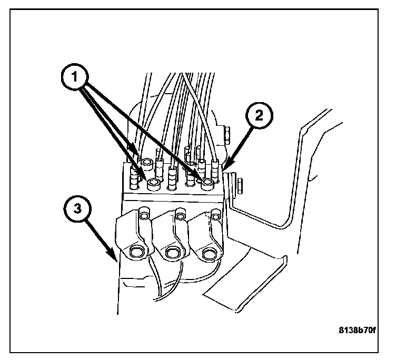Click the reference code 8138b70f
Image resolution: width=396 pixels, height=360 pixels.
pos(358,331)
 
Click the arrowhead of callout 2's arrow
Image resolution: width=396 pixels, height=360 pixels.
pos(225,167)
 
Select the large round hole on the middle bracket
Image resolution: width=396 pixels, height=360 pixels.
pos(171,254)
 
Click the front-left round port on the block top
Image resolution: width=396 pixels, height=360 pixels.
pos(154,184)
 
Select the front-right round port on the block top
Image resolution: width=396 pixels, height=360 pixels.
pos(207,183)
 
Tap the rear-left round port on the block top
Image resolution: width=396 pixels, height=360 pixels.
pos(146,163)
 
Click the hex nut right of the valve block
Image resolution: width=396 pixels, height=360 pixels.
pos(239,185)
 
